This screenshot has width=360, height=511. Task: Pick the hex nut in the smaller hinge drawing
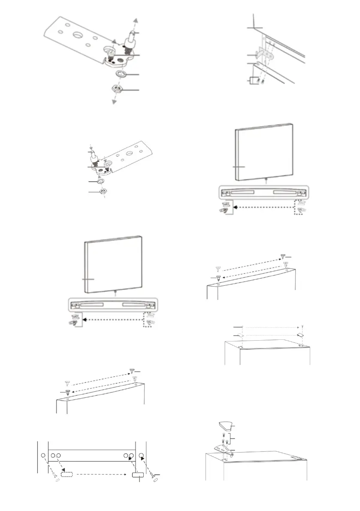(103, 191)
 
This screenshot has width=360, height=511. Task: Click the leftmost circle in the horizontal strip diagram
(43, 455)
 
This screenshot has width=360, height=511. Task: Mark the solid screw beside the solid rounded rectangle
(152, 474)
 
